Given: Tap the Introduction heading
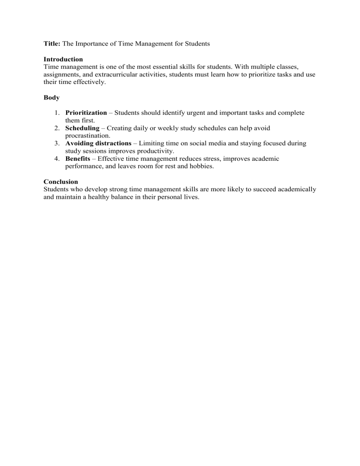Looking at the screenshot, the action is pyautogui.click(x=63, y=60).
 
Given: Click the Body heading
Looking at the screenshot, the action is pyautogui.click(x=51, y=98).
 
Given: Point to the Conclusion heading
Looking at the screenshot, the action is pyautogui.click(x=60, y=181).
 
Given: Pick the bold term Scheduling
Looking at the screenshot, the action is pyautogui.click(x=82, y=128).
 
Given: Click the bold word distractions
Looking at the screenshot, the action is pyautogui.click(x=112, y=143).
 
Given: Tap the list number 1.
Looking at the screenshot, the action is pyautogui.click(x=56, y=113).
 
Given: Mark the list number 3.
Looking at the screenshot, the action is pyautogui.click(x=56, y=143).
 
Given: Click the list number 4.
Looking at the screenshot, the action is pyautogui.click(x=56, y=159).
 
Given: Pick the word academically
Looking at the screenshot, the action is pyautogui.click(x=289, y=189).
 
